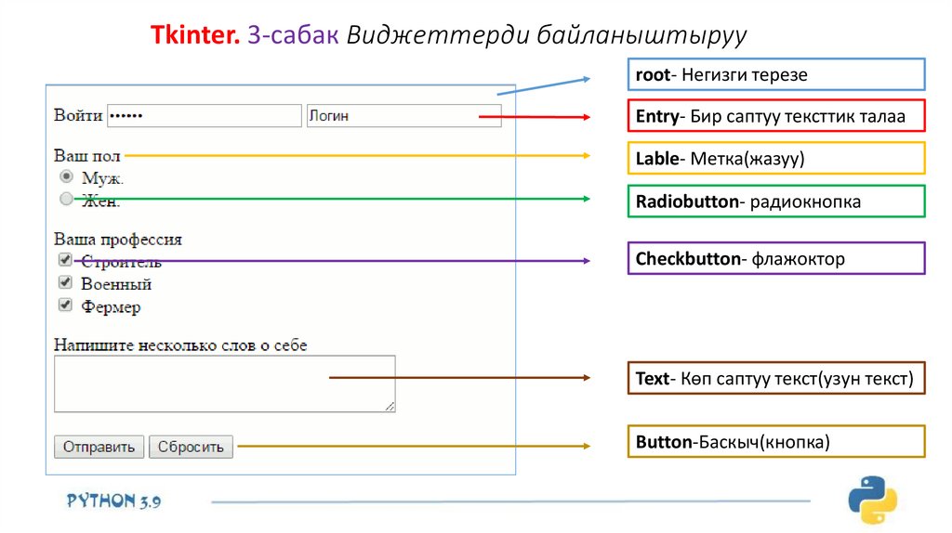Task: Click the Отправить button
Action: [99, 447]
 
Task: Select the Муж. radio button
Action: [66, 176]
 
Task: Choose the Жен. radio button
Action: [66, 198]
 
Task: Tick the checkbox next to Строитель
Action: [65, 260]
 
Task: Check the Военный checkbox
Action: [65, 282]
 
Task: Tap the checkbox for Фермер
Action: [65, 305]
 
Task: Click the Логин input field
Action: [403, 116]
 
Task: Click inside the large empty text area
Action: [224, 383]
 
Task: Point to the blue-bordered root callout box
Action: [776, 74]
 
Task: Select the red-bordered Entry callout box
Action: [776, 116]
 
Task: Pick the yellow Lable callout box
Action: [776, 159]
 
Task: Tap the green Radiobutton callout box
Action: [776, 201]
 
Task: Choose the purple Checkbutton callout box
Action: [776, 259]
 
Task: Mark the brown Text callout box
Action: [776, 378]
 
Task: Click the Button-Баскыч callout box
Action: [776, 442]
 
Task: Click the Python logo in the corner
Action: [872, 500]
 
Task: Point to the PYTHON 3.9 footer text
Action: [113, 500]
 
